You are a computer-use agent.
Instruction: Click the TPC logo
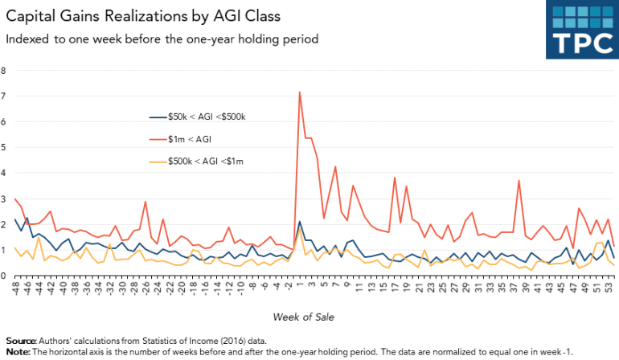[x=581, y=29]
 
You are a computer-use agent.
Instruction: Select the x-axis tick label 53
[x=613, y=286]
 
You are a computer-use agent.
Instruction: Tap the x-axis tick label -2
[x=288, y=285]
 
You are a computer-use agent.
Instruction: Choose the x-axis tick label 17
[x=394, y=286]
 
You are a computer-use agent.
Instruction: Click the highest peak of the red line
[x=299, y=92]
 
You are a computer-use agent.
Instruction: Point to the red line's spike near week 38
[x=519, y=180]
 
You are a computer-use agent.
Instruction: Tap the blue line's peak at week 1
[x=299, y=222]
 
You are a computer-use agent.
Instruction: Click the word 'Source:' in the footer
[x=19, y=342]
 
